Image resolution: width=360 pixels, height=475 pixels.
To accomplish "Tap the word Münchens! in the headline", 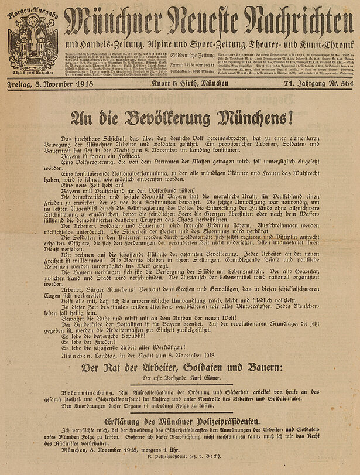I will coord(255,119).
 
